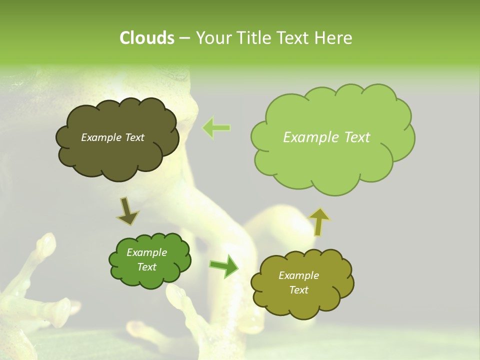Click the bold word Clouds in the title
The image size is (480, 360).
(146, 38)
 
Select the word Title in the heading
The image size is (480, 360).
(253, 38)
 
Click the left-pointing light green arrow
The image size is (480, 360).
(216, 128)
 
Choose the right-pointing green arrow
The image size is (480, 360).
(224, 266)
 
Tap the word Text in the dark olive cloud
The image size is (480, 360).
(135, 137)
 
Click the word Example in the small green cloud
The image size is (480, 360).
(146, 252)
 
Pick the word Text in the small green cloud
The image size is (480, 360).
(146, 267)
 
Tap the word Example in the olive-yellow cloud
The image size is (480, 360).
(298, 275)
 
